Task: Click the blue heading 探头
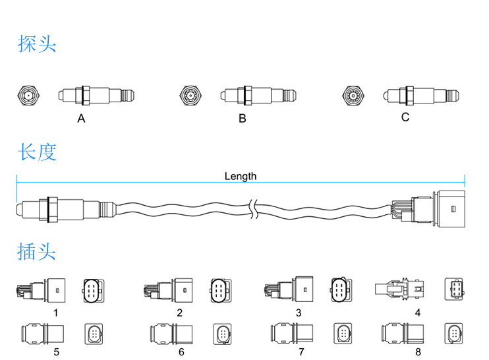point(37,44)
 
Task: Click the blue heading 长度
point(37,152)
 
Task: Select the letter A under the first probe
point(81,119)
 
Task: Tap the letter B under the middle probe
point(243,119)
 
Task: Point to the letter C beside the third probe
point(405,117)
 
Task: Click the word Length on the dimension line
point(241,176)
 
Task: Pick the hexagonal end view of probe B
point(190,96)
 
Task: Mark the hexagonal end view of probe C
point(353,96)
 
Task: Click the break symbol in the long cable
point(252,210)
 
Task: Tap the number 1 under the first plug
point(56,313)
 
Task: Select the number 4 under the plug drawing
point(417,313)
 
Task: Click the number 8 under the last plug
point(418,351)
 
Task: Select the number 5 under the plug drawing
point(56,351)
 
